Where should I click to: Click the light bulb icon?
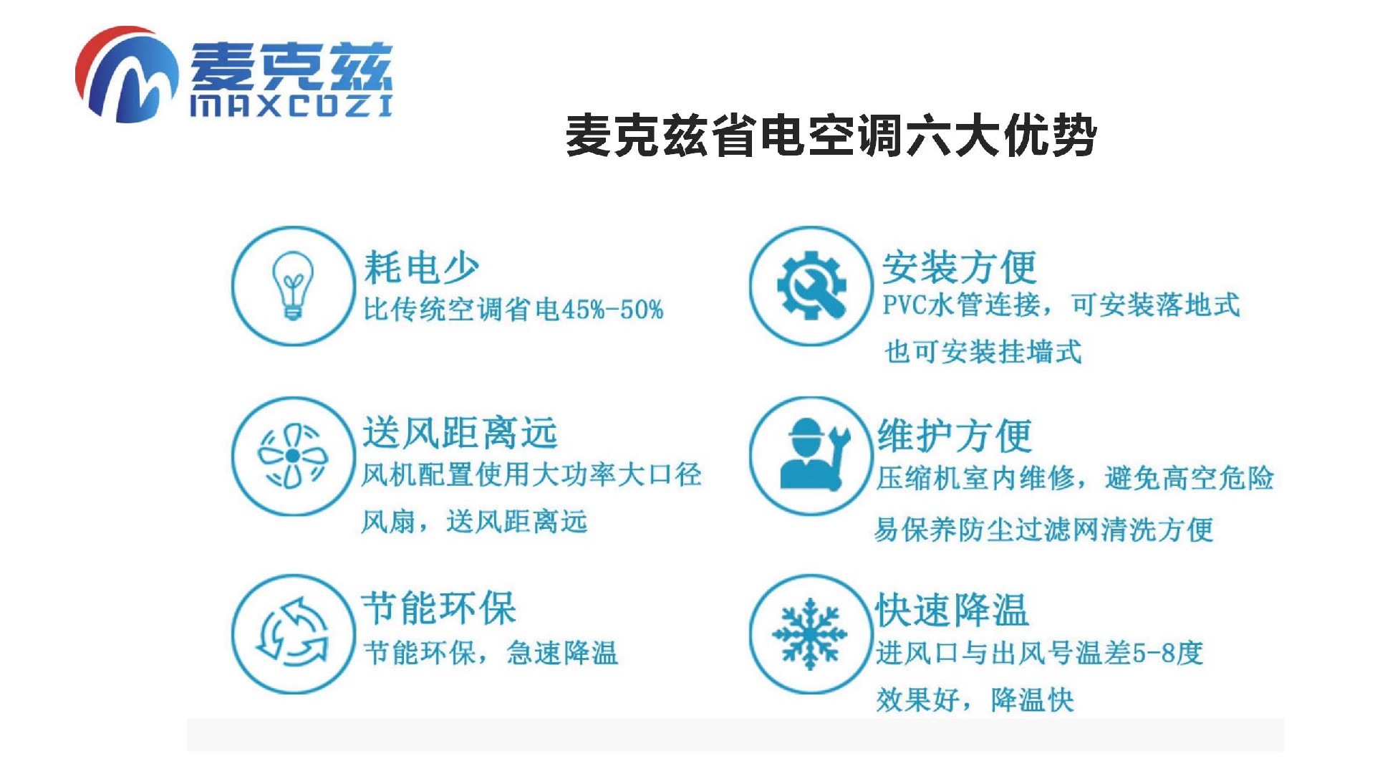292,285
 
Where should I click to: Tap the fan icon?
292,456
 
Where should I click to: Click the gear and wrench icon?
811,285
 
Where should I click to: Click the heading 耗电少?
421,267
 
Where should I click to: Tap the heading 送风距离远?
460,432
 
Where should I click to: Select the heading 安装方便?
959,267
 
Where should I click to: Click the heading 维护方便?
955,435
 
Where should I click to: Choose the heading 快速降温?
952,610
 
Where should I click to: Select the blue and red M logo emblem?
127,74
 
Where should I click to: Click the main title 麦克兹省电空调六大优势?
831,135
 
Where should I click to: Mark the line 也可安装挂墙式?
983,352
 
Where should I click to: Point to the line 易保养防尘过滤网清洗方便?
1043,530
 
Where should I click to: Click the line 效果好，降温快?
975,699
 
